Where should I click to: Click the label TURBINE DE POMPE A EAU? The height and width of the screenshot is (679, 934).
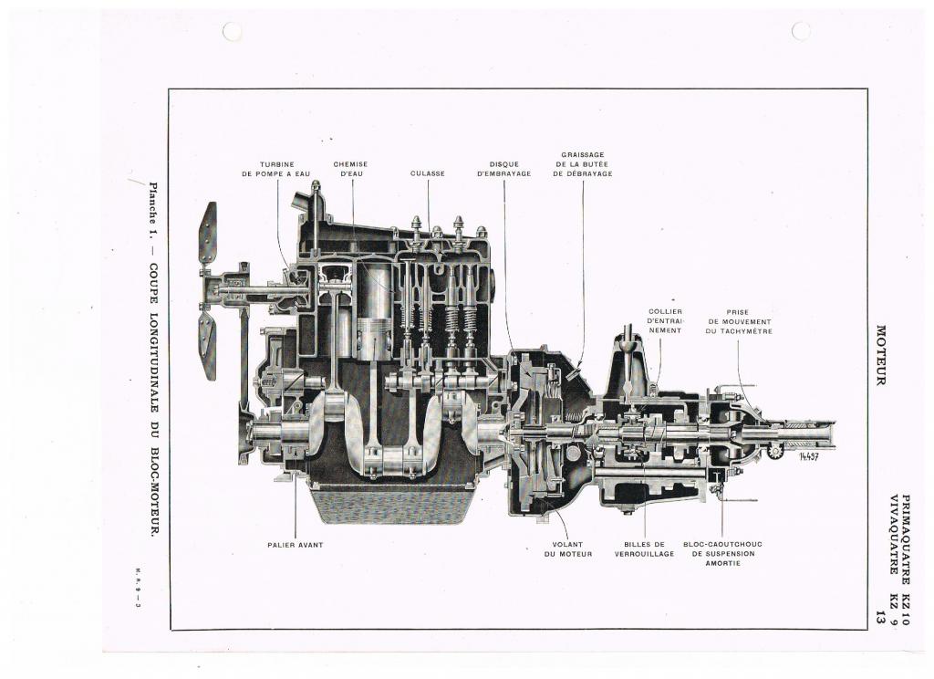click(275, 170)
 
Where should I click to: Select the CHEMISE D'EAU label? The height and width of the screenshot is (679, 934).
click(351, 170)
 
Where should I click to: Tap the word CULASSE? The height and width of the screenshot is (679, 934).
click(428, 174)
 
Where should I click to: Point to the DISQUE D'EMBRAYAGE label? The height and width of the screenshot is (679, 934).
click(503, 170)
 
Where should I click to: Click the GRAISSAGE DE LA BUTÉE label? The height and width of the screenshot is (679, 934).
click(583, 164)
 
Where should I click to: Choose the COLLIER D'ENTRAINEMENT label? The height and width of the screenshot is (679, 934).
click(665, 320)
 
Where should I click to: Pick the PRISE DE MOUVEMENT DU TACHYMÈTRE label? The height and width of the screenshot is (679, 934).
click(739, 321)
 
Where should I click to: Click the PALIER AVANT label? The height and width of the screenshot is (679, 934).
click(296, 545)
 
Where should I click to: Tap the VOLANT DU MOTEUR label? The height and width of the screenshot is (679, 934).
click(568, 549)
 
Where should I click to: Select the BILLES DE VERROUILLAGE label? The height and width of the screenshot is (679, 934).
click(645, 549)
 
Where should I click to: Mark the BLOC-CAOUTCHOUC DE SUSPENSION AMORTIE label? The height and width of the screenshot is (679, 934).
click(722, 554)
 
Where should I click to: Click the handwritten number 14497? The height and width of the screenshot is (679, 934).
click(810, 456)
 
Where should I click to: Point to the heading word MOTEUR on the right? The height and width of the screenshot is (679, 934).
click(881, 355)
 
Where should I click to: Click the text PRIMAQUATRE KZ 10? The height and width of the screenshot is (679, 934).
click(906, 559)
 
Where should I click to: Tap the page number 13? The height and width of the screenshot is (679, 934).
click(880, 617)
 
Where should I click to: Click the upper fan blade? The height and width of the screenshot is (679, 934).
click(208, 233)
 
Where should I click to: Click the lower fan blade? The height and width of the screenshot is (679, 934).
click(207, 347)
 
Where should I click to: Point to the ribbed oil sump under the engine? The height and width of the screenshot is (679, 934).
click(391, 504)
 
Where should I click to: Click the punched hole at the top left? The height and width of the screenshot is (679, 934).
click(232, 32)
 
